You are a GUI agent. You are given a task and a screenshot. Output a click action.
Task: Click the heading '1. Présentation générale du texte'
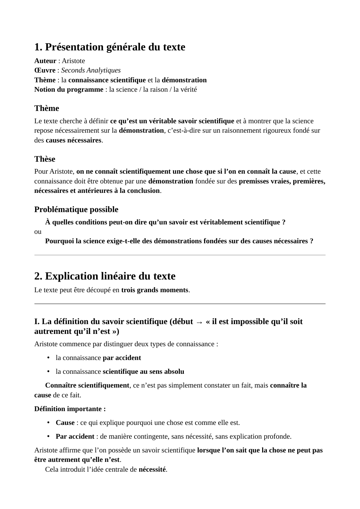109,47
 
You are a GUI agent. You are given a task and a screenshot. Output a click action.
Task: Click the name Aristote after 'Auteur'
73,61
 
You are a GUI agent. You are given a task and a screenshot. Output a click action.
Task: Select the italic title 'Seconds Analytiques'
91,70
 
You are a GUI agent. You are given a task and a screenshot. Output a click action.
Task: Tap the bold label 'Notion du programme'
69,90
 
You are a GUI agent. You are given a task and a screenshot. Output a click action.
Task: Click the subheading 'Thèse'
45,159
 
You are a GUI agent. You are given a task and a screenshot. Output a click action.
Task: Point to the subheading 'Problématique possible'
76,210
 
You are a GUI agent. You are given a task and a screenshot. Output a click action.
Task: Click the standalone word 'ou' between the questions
38,232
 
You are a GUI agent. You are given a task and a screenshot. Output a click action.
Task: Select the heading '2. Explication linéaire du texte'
105,276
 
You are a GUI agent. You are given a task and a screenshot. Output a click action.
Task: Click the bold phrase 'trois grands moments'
155,290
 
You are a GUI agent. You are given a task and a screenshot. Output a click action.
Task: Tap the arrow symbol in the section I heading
199,322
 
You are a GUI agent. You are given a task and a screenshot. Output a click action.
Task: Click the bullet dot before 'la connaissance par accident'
48,358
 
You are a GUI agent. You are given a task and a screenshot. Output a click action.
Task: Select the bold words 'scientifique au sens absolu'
143,372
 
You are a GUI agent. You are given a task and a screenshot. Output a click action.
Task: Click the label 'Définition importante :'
70,409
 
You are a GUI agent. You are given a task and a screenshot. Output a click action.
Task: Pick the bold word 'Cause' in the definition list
65,423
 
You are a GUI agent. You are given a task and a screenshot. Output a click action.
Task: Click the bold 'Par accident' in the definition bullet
75,436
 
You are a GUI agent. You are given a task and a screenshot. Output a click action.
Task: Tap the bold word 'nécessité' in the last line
152,469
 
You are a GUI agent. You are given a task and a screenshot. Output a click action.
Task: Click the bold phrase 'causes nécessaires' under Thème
73,140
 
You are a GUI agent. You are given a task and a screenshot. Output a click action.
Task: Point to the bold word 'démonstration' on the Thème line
184,80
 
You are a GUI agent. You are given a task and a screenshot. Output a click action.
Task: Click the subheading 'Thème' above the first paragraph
46,108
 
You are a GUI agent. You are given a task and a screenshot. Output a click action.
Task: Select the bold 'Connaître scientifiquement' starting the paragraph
87,385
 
